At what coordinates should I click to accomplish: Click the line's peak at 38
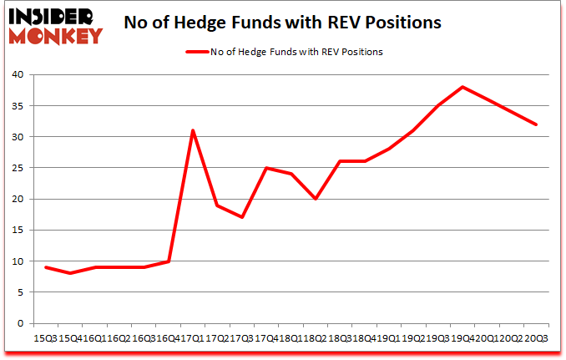(x=462, y=87)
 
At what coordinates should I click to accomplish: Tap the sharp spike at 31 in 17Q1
(x=193, y=130)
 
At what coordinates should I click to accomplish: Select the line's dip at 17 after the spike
(x=242, y=217)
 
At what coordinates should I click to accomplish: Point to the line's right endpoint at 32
(x=536, y=124)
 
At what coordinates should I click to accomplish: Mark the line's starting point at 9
(x=46, y=267)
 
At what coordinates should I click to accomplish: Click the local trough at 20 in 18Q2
(x=316, y=199)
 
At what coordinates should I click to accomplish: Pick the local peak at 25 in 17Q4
(x=266, y=168)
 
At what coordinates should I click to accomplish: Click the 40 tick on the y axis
(x=19, y=75)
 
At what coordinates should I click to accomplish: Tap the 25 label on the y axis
(x=19, y=168)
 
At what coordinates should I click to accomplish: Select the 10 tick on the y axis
(x=19, y=261)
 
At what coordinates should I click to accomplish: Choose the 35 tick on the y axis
(x=19, y=106)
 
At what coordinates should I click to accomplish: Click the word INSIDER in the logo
(x=54, y=15)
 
